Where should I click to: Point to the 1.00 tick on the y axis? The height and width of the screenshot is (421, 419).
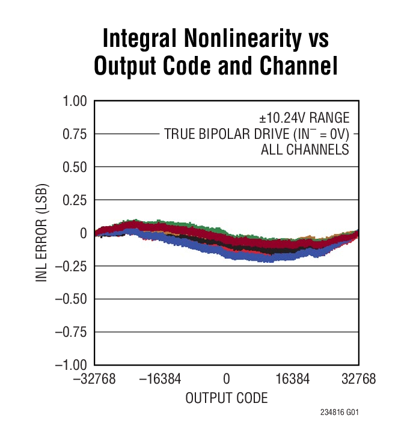(x=75, y=101)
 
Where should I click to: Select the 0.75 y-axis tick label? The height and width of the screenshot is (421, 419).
(x=75, y=134)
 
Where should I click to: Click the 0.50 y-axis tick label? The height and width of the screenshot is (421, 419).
(x=75, y=167)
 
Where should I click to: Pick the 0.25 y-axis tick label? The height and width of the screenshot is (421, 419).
(x=75, y=200)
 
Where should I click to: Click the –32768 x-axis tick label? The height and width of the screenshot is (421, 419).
(x=95, y=380)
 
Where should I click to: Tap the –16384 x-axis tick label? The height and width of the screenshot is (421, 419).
(x=161, y=380)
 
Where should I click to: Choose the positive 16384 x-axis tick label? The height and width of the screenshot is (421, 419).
(x=293, y=380)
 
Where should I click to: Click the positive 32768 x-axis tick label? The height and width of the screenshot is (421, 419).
(x=358, y=380)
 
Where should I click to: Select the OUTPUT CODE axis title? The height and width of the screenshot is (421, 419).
(x=227, y=398)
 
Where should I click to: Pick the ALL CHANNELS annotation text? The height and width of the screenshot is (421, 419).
(x=305, y=150)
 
